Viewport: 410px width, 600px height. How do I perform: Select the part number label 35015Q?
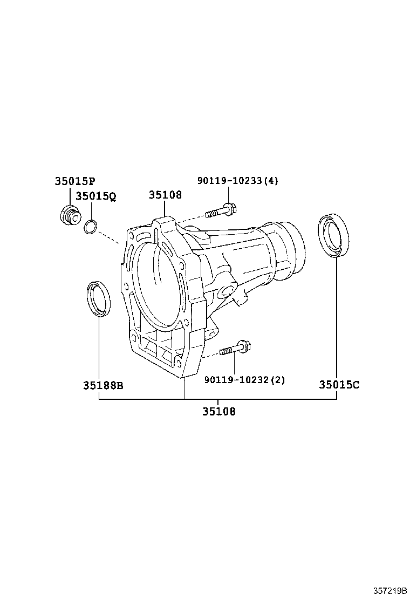[x=95, y=196]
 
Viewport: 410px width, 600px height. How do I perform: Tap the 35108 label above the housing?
[x=165, y=195]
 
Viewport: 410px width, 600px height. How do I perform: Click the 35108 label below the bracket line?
[x=218, y=412]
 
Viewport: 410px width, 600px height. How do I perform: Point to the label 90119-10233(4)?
[x=237, y=181]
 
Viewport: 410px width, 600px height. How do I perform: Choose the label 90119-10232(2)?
[x=244, y=380]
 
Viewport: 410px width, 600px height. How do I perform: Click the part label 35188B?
[x=103, y=385]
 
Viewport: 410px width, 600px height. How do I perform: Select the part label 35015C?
[x=339, y=385]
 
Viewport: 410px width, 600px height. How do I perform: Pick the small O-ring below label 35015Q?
[x=91, y=228]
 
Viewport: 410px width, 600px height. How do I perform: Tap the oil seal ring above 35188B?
[x=99, y=298]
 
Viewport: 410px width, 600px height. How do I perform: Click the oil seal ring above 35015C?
[x=334, y=235]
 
